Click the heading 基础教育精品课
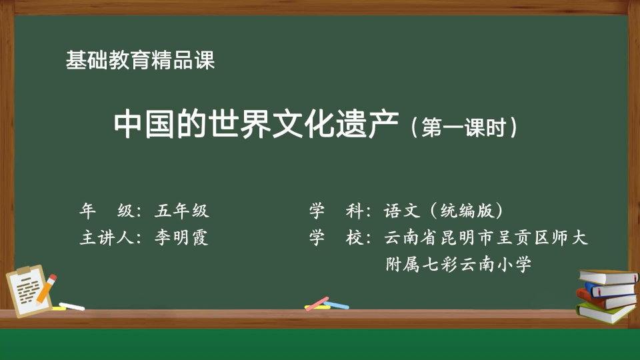pyautogui.click(x=140, y=61)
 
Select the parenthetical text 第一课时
pyautogui.click(x=464, y=127)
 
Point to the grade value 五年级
pyautogui.click(x=181, y=211)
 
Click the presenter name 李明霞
pyautogui.click(x=181, y=237)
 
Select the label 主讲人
pyautogui.click(x=107, y=237)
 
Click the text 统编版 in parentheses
pyautogui.click(x=467, y=211)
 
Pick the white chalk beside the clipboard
pyautogui.click(x=72, y=306)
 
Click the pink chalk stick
pyautogui.click(x=317, y=303)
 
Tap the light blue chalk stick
pyautogui.click(x=336, y=305)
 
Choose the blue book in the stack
pyautogui.click(x=610, y=290)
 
